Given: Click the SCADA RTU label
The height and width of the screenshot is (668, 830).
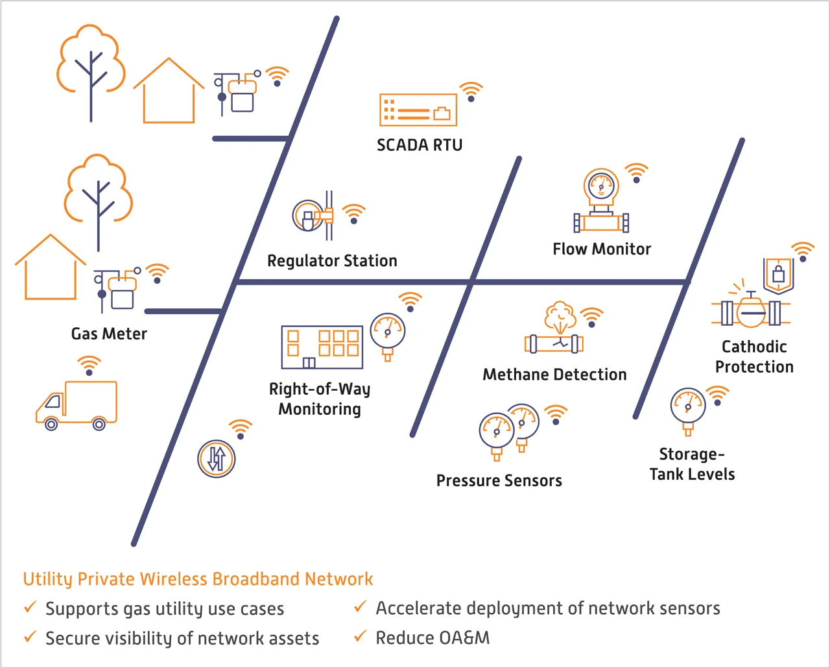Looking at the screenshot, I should tap(420, 145).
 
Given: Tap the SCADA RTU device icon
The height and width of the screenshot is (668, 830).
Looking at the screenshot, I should tap(418, 110).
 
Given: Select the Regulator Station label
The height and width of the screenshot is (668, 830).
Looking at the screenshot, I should tap(332, 261).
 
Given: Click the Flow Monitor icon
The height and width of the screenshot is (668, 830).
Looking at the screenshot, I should tap(601, 201).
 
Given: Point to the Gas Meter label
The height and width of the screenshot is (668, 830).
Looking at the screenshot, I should tap(109, 334).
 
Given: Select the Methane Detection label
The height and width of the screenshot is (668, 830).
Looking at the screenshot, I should tap(554, 375).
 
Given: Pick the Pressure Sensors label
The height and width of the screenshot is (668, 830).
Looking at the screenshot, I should tap(499, 480).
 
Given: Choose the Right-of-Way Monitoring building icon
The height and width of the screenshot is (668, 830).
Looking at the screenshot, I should tap(322, 347).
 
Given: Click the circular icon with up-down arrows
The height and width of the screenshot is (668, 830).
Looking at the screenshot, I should tap(216, 459).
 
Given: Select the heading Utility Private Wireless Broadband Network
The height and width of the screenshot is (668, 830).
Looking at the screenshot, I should tap(198, 579).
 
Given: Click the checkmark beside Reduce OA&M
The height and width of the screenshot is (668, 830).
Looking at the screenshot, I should tap(360, 637).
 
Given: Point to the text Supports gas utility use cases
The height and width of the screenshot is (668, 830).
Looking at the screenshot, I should tap(165, 609).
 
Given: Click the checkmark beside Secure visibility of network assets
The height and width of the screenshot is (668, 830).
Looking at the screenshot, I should tap(30, 637).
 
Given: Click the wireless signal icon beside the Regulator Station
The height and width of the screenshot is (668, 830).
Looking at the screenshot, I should tap(354, 214).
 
